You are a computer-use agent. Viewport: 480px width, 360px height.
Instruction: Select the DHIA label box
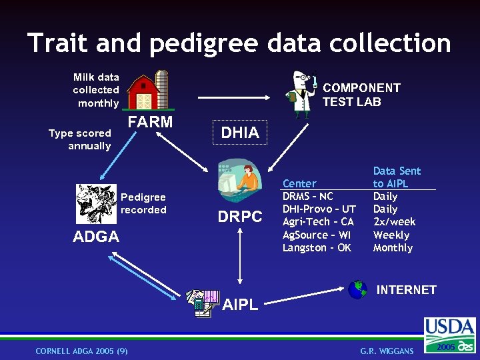[x=240, y=133]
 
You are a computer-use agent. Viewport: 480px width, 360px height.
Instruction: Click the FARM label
[x=150, y=122]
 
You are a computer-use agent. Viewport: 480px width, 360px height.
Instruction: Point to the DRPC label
[x=240, y=217]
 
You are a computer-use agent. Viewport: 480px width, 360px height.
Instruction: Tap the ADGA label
[x=96, y=237]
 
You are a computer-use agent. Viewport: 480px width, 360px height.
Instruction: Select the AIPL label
[x=240, y=305]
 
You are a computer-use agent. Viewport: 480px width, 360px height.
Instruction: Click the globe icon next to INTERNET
[x=357, y=289]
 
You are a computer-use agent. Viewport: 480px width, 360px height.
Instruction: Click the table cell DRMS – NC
[x=307, y=197]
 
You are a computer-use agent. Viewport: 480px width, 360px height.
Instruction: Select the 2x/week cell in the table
[x=394, y=222]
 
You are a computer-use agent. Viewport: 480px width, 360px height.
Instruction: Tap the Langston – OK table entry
[x=317, y=248]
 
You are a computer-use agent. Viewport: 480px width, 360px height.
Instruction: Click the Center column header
[x=299, y=183]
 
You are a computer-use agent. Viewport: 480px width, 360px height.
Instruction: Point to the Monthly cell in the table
[x=393, y=248]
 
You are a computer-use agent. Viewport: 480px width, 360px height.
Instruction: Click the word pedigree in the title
[x=204, y=44]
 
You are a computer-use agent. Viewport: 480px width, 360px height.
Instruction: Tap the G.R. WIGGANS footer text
[x=387, y=351]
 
